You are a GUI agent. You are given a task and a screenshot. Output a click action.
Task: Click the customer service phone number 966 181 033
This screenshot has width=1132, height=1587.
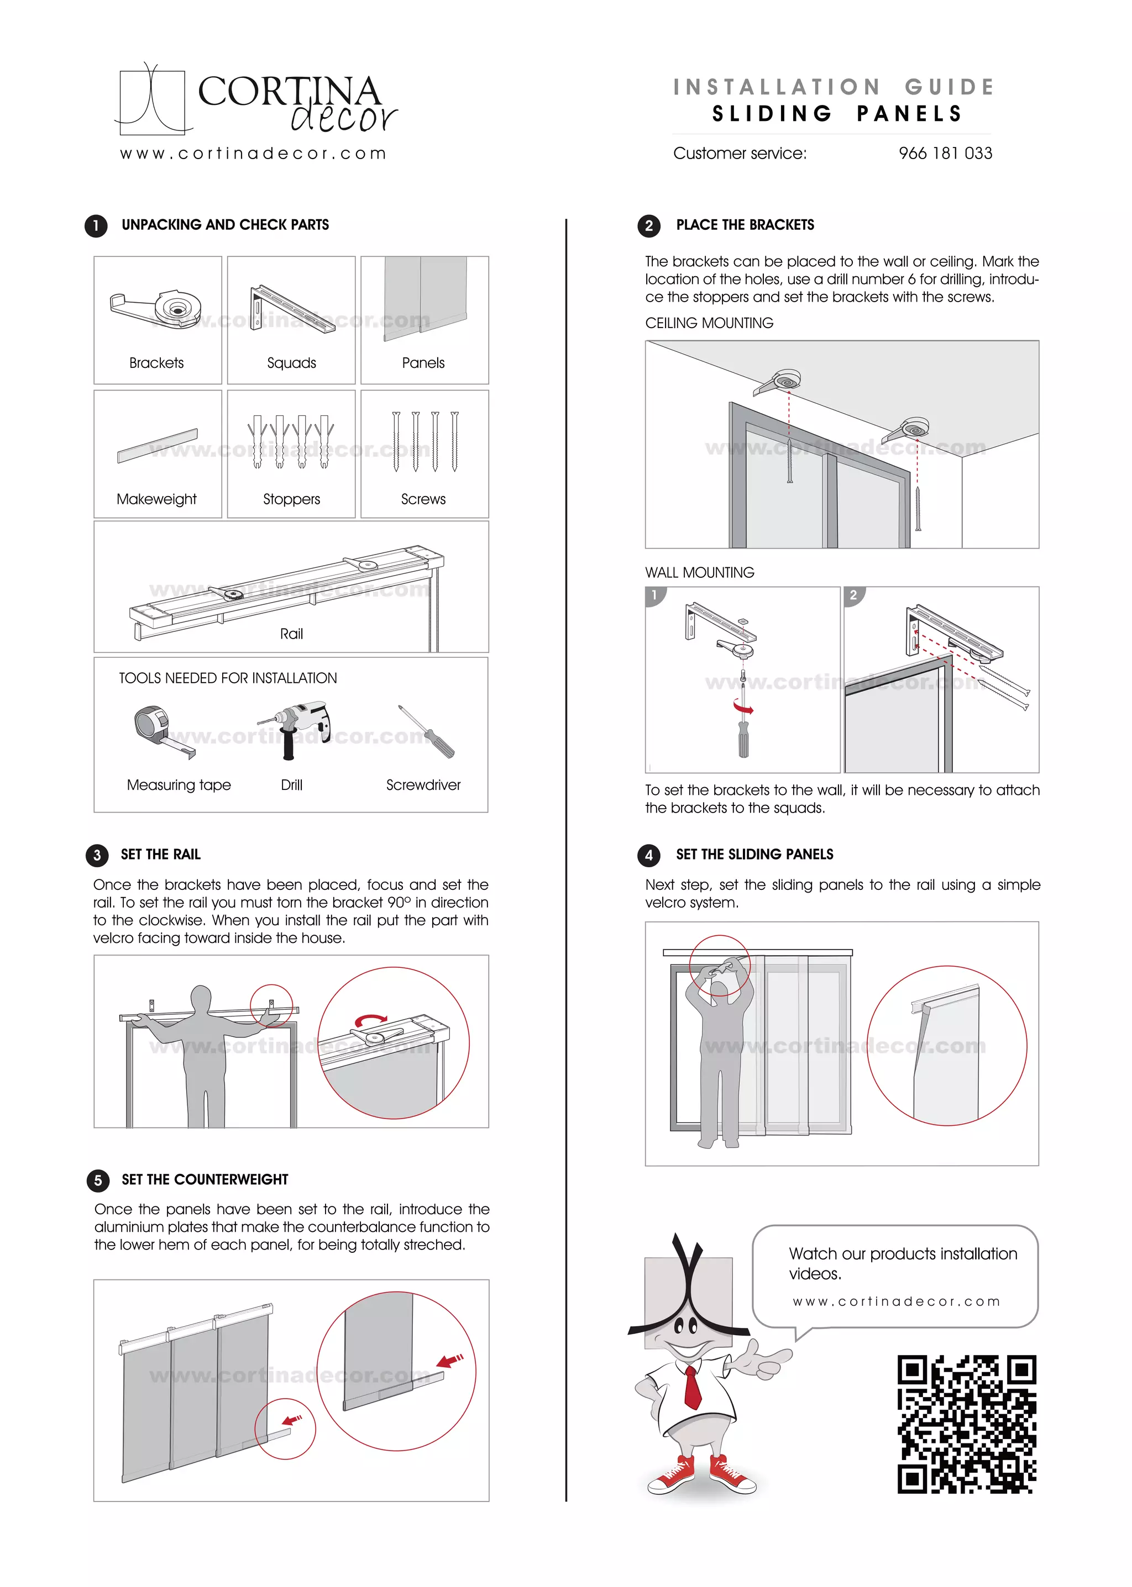pyautogui.click(x=945, y=153)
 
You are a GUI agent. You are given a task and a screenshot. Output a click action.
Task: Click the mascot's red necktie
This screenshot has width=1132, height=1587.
pyautogui.click(x=691, y=1386)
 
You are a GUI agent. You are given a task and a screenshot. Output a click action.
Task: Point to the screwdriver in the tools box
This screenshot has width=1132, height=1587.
pyautogui.click(x=427, y=731)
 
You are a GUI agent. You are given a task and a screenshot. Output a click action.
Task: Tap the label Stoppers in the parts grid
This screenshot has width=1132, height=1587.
pyautogui.click(x=291, y=499)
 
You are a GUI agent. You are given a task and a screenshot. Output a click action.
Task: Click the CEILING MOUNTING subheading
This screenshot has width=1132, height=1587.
pyautogui.click(x=709, y=323)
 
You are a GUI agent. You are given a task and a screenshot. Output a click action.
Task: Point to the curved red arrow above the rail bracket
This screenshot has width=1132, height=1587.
pyautogui.click(x=370, y=1019)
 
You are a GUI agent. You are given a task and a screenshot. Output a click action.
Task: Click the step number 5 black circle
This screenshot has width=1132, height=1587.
pyautogui.click(x=98, y=1180)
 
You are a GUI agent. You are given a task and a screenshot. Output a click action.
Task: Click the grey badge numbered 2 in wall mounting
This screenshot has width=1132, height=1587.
pyautogui.click(x=853, y=595)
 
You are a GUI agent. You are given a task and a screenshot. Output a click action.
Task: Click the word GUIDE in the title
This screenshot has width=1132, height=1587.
pyautogui.click(x=950, y=87)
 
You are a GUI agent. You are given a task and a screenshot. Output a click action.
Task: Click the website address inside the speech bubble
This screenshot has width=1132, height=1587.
pyautogui.click(x=897, y=1301)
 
